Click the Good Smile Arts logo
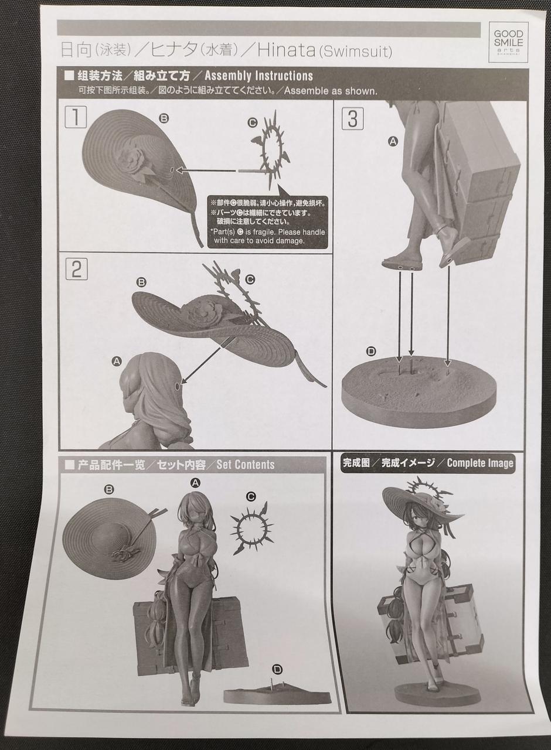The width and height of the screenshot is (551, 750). coord(508,42)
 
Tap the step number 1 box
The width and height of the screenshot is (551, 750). coord(76,117)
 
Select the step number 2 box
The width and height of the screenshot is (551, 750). coord(76,269)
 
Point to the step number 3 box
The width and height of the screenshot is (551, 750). coord(352,118)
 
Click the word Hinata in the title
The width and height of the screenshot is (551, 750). coord(287,50)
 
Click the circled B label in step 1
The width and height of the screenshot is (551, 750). coord(164,118)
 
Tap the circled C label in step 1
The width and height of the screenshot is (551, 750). coord(252,123)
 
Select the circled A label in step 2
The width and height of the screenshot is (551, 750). coord(117,362)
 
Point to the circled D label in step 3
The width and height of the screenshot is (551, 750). coord(371,351)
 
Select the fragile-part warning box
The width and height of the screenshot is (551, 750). coord(268,222)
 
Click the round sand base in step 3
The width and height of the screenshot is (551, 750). coord(419,392)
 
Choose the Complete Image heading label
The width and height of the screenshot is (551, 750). coord(427,463)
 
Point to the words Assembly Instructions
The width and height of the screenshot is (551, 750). coord(259,76)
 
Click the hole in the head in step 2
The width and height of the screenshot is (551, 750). coord(177,386)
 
